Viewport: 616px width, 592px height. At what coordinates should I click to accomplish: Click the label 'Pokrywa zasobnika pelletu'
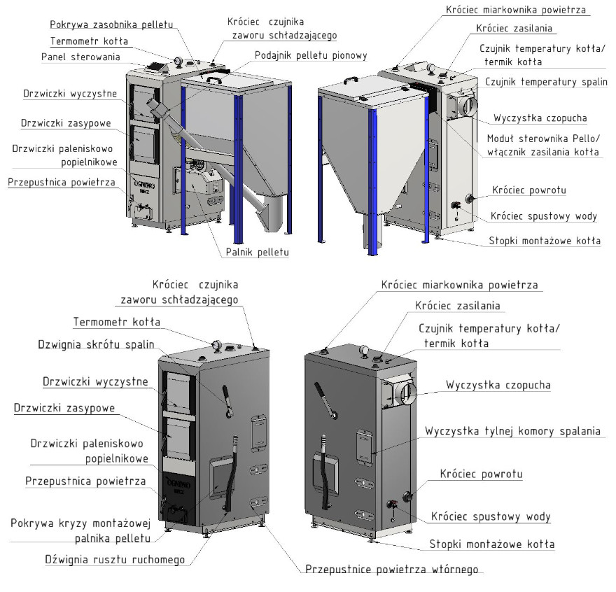(111, 24)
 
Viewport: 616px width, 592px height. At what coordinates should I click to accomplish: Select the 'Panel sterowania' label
(80, 57)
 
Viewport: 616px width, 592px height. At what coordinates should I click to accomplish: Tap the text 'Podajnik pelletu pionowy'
(311, 55)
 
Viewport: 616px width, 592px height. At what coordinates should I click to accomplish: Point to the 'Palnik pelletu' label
(258, 252)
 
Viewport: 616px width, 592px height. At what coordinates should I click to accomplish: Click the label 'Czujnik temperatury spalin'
(546, 82)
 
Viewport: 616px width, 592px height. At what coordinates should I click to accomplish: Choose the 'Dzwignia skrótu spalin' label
(97, 344)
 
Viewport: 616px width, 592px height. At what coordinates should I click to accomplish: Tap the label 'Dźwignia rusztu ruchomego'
(115, 559)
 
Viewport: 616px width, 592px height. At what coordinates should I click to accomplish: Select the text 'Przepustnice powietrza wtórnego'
(392, 569)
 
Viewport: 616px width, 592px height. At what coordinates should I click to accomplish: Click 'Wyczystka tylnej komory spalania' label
(512, 431)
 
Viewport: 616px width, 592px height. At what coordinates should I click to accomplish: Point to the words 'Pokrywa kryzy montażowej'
(80, 523)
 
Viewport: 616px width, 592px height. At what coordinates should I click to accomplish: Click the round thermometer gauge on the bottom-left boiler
(216, 346)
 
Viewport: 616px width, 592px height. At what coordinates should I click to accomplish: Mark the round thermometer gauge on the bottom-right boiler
(364, 351)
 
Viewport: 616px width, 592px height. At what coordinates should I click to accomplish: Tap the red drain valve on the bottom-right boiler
(392, 504)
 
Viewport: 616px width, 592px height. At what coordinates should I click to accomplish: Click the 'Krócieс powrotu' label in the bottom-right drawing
(482, 474)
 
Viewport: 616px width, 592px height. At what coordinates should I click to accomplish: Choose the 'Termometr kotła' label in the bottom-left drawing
(117, 322)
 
